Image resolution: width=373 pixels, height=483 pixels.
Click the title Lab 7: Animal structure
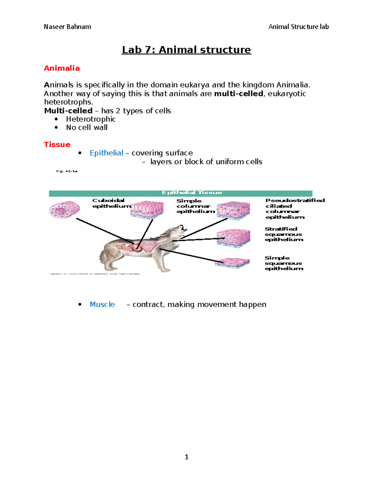pos(186,50)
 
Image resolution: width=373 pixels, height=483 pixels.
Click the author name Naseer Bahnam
pos(67,27)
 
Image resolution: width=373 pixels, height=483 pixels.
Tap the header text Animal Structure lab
pos(298,27)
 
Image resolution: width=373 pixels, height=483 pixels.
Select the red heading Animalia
pos(62,68)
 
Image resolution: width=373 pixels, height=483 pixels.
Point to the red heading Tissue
pos(57,145)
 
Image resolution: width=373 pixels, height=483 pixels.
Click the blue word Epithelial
pos(106,153)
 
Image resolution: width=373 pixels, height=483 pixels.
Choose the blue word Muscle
pos(102,304)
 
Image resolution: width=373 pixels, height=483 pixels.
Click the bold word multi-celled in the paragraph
pos(238,94)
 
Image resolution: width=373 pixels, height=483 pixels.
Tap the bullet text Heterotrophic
pos(91,119)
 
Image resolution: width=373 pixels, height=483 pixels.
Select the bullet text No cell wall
pos(87,128)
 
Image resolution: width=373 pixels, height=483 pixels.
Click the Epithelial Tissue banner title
pos(192,193)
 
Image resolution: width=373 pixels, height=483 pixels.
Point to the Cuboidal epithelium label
pos(111,203)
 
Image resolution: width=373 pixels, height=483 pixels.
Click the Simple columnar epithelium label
pos(195,206)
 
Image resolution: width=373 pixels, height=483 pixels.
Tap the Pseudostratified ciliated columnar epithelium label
pos(295,209)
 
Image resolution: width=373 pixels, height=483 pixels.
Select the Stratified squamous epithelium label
pos(284,234)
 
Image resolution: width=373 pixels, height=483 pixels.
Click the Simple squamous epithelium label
pos(284,263)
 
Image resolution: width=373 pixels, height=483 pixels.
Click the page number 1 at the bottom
pos(186,457)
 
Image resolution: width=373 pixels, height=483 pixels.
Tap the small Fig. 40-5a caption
pos(67,171)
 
